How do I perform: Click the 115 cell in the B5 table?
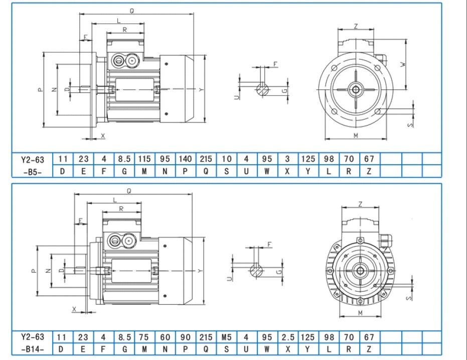(144, 159)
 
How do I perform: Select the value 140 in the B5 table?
(185, 159)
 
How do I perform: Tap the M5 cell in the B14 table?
(226, 337)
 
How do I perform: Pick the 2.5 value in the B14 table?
(287, 337)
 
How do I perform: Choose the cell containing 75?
(144, 337)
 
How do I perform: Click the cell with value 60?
(165, 337)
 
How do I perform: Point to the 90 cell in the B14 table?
(185, 337)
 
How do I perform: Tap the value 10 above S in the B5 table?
(226, 159)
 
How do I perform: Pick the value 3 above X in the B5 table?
(287, 159)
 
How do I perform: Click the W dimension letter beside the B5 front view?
(402, 65)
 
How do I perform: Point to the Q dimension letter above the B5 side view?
(131, 11)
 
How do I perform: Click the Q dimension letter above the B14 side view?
(129, 191)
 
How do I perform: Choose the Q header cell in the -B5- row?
(206, 171)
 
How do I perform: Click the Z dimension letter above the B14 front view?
(361, 203)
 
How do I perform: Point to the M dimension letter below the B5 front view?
(355, 136)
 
